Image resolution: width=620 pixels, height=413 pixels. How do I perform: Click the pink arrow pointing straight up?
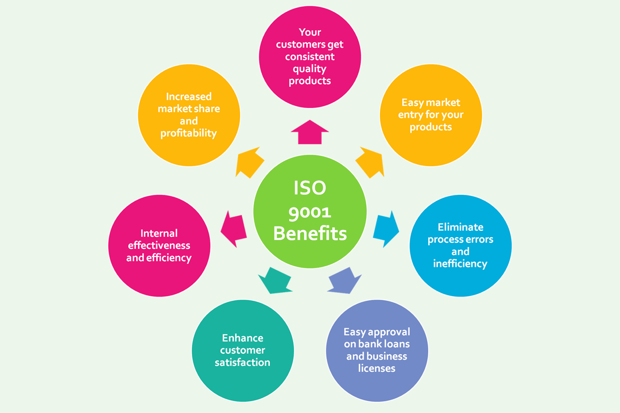click(310, 132)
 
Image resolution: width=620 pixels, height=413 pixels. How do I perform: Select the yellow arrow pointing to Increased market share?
click(250, 163)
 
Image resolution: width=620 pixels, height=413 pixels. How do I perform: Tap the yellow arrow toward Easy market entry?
click(370, 162)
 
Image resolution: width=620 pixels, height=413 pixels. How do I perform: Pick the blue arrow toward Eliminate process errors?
click(386, 229)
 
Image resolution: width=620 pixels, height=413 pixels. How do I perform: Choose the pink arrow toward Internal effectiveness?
click(234, 228)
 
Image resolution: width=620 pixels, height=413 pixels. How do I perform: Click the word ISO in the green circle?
click(310, 187)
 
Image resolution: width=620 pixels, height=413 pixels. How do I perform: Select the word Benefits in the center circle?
click(310, 234)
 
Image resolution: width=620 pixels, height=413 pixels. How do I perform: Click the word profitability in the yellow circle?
click(189, 133)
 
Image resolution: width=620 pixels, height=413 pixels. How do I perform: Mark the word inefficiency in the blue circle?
click(460, 264)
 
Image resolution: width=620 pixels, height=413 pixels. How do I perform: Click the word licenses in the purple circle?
click(377, 368)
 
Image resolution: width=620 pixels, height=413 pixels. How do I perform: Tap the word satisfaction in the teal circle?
click(243, 363)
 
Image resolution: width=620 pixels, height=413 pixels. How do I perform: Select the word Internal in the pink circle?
click(159, 234)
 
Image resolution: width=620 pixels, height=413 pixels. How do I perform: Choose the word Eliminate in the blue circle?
click(460, 227)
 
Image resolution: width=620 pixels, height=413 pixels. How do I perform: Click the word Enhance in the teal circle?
click(243, 338)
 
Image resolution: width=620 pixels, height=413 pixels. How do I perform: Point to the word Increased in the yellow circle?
click(189, 96)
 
